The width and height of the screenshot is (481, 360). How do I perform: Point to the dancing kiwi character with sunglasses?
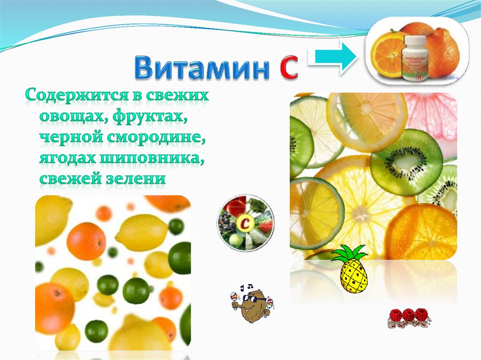click(x=252, y=306)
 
